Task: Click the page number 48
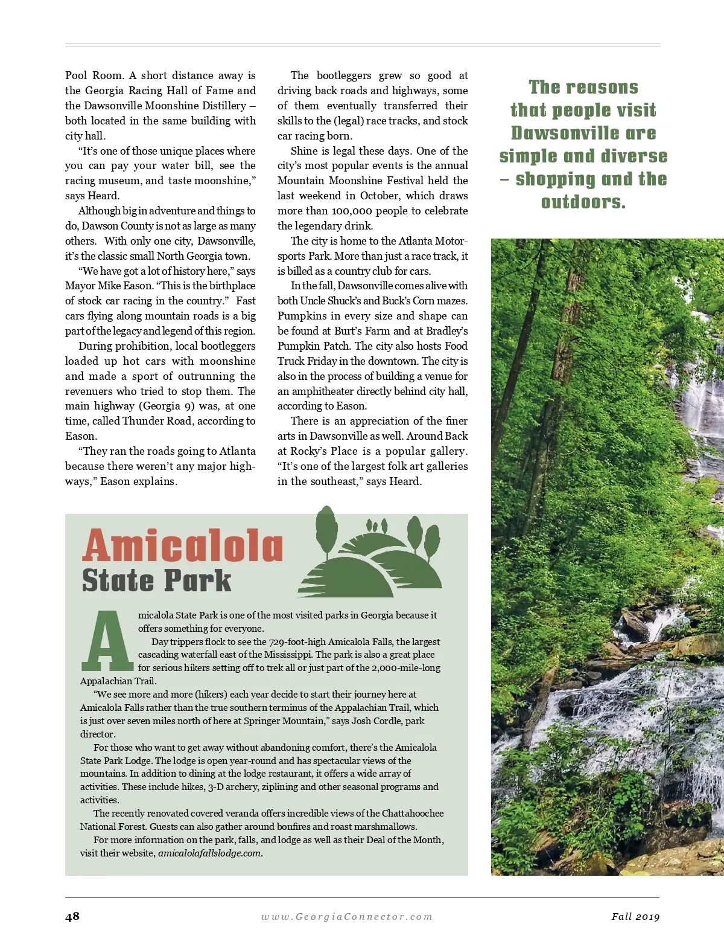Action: [72, 916]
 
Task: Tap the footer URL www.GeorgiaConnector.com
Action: [347, 917]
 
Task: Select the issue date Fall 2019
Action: [635, 917]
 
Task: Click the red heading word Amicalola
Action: [183, 546]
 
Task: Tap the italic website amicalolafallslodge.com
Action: [209, 853]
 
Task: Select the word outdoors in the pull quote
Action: [583, 202]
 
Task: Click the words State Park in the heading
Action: [157, 580]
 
